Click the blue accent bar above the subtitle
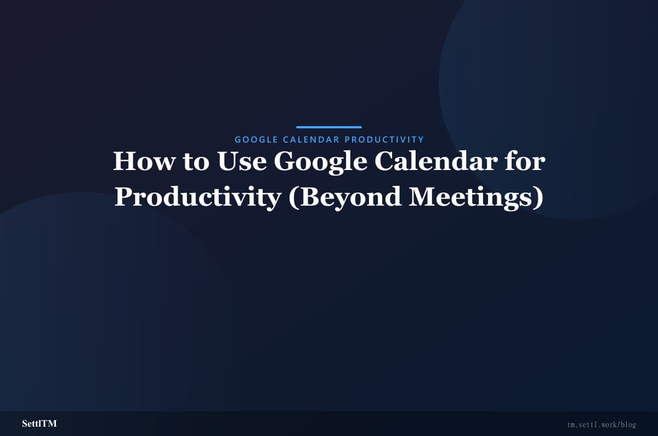[x=329, y=127]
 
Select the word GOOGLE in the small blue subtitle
[x=256, y=140]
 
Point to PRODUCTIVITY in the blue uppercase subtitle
[x=384, y=140]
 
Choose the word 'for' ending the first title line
[x=525, y=162]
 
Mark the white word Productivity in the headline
[x=197, y=197]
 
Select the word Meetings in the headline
[x=468, y=197]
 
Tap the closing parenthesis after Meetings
[x=538, y=197]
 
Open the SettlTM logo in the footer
[x=39, y=424]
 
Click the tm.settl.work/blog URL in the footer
[x=602, y=425]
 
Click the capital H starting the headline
[x=123, y=162]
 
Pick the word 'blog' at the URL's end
[x=628, y=425]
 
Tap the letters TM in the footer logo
[x=49, y=424]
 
